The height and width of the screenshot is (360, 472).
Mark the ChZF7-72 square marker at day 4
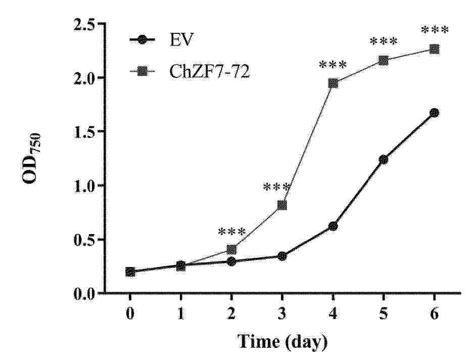point(333,83)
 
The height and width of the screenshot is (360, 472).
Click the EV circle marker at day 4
point(333,226)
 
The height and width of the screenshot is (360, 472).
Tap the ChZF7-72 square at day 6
point(434,49)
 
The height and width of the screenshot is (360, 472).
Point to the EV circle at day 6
point(434,113)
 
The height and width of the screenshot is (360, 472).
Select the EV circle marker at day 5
point(384,159)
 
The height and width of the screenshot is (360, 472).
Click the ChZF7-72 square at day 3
point(282,205)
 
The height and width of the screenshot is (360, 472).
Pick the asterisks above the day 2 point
point(231,232)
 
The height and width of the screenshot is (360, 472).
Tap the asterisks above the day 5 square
point(384,41)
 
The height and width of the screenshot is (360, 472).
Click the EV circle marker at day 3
point(282,256)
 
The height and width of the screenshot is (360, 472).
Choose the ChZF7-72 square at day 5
point(384,61)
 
